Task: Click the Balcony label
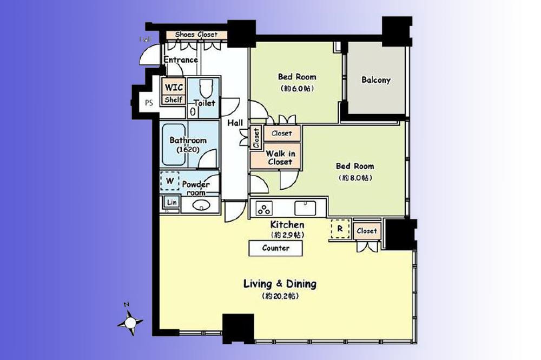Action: pos(375,80)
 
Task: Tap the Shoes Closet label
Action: pos(196,35)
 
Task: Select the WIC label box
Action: pos(174,87)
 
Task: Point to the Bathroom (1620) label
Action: pos(188,144)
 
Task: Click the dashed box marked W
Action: pos(169,181)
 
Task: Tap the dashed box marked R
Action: pos(339,229)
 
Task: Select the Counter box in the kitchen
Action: pos(275,248)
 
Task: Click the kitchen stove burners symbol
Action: pos(265,209)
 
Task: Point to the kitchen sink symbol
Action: pos(306,208)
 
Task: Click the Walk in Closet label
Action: pos(279,157)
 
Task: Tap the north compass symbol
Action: pos(130,322)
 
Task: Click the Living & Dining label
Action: pos(280,284)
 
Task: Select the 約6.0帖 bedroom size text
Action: pos(297,88)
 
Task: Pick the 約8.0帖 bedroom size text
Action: pos(355,177)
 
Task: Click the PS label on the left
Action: pos(148,103)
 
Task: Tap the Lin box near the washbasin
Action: pos(171,203)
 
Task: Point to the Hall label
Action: pos(235,123)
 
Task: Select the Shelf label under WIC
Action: pos(173,99)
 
